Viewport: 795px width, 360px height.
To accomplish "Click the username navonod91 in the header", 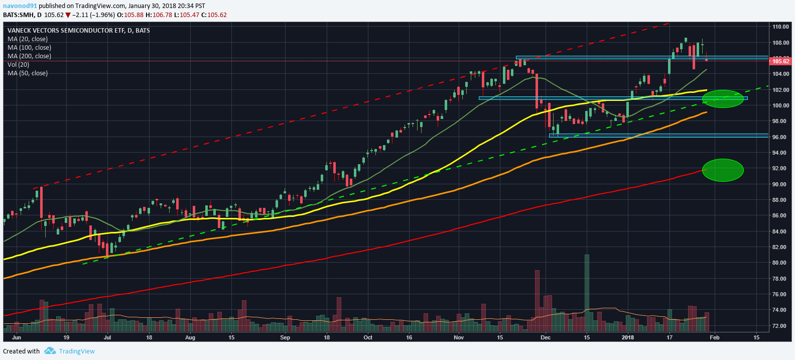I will pyautogui.click(x=20, y=6).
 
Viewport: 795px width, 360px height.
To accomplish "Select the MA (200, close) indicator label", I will pyautogui.click(x=29, y=56).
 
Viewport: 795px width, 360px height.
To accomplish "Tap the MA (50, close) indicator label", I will pyautogui.click(x=28, y=73).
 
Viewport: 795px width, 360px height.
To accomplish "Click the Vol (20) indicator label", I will pyautogui.click(x=19, y=65).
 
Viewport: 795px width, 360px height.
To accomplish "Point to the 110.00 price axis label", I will pyautogui.click(x=780, y=27).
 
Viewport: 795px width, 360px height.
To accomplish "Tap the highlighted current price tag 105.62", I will pyautogui.click(x=780, y=61).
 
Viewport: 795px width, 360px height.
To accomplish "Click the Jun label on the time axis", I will pyautogui.click(x=17, y=337).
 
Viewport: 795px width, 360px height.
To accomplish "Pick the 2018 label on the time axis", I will pyautogui.click(x=628, y=337).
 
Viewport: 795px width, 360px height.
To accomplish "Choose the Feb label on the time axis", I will pyautogui.click(x=714, y=337).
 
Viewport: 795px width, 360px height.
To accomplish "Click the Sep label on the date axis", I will pyautogui.click(x=285, y=337).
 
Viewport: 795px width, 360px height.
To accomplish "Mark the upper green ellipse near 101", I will pyautogui.click(x=723, y=99).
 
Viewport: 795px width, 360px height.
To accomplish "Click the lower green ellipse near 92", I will pyautogui.click(x=723, y=170).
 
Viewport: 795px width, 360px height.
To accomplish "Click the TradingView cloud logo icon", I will pyautogui.click(x=50, y=351).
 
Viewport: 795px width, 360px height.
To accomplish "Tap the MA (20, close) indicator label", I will pyautogui.click(x=28, y=39).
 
